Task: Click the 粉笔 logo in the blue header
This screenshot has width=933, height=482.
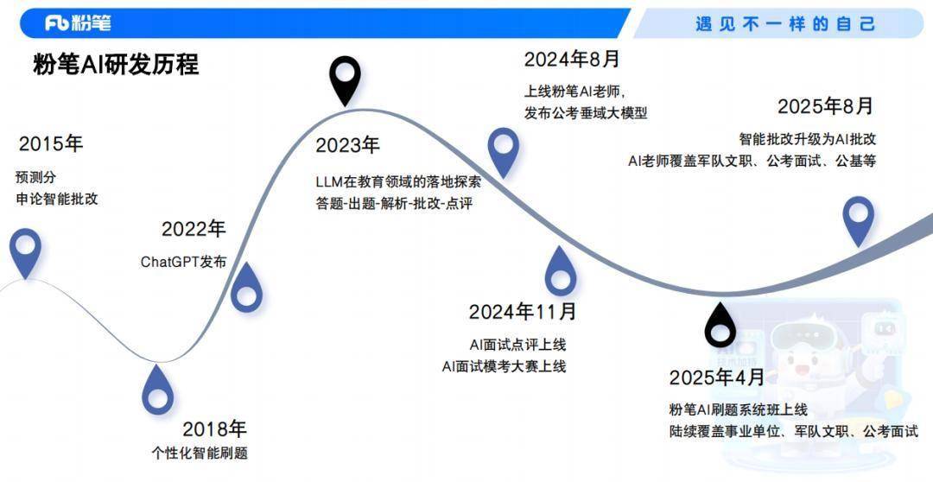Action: click(78, 23)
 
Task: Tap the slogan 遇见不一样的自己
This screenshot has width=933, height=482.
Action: click(785, 24)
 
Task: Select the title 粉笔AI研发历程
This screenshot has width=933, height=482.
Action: click(116, 64)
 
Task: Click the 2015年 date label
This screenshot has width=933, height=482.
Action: click(51, 144)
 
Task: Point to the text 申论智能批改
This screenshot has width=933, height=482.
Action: click(57, 199)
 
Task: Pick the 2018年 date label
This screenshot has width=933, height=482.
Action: click(214, 429)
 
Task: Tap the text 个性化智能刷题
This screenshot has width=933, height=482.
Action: click(200, 453)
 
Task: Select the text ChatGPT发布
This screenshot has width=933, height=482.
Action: click(183, 262)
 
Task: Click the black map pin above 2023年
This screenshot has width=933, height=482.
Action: click(345, 81)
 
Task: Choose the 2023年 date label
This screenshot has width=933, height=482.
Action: click(347, 145)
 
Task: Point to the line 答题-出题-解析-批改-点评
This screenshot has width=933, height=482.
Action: click(394, 204)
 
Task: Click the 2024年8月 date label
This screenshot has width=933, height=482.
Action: click(572, 59)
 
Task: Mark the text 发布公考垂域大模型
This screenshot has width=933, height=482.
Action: click(586, 112)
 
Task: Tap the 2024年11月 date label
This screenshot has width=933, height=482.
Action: click(523, 312)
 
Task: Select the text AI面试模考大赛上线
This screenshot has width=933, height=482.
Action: click(504, 366)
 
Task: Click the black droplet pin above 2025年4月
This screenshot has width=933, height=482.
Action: click(720, 325)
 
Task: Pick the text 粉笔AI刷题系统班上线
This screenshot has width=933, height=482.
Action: click(739, 409)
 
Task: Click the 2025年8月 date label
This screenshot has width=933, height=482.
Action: click(825, 106)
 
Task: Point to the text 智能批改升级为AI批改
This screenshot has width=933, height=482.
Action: click(808, 139)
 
